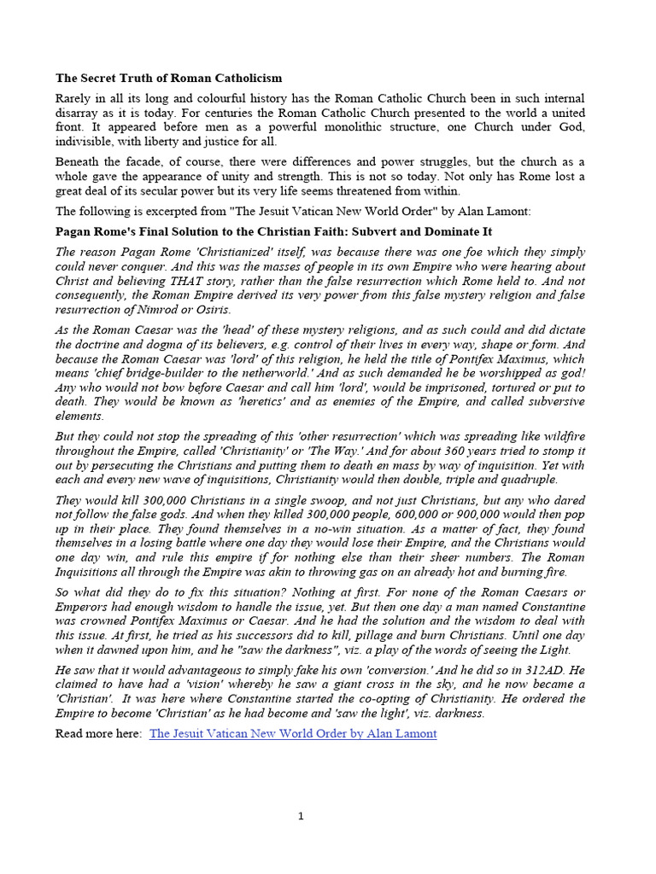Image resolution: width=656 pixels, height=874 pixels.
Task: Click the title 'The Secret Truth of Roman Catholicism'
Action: (168, 78)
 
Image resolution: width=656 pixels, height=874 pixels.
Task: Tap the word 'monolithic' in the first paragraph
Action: (338, 128)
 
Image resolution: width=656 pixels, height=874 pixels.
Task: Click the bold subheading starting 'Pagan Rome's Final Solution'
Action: (273, 231)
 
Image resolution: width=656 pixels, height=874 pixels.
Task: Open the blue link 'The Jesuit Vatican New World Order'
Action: (292, 733)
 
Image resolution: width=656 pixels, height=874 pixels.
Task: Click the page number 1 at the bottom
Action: (301, 817)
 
